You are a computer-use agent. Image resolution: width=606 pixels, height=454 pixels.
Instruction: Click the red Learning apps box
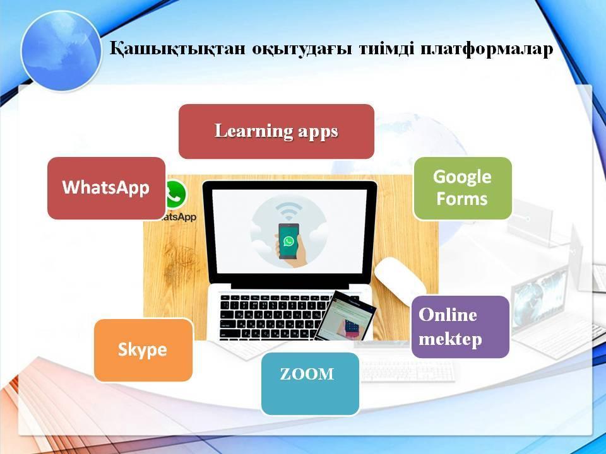click(276, 131)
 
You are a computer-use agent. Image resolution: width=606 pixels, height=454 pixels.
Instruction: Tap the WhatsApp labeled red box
click(106, 188)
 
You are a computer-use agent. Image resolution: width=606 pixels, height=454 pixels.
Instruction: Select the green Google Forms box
click(463, 188)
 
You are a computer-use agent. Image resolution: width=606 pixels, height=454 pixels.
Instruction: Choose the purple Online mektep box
click(460, 327)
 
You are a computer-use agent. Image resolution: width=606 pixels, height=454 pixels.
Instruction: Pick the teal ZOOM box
click(311, 384)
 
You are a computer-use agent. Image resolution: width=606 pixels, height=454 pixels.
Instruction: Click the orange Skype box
click(143, 350)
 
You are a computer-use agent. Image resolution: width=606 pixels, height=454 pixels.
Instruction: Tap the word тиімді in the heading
click(386, 49)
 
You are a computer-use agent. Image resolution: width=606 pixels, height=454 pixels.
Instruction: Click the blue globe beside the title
click(61, 51)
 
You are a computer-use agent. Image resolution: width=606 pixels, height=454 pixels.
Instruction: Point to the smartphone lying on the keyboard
click(345, 316)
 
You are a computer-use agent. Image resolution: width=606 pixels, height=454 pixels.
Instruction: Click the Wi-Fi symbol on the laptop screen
click(288, 211)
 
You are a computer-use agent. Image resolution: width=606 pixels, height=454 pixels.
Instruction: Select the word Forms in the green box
click(462, 199)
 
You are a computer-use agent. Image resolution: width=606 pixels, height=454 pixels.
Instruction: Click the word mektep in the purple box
click(450, 339)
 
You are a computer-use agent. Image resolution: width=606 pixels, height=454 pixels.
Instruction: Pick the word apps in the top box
click(318, 132)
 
